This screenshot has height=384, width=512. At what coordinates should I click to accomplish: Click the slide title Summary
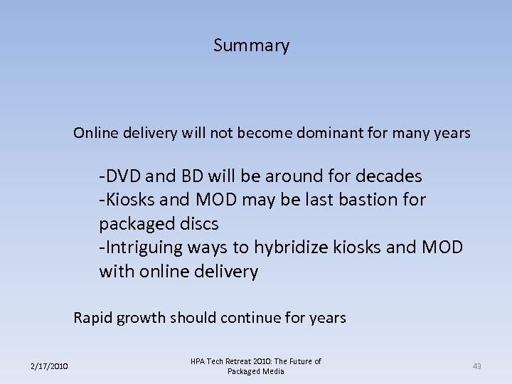tap(251, 46)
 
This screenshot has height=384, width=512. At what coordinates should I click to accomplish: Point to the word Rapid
tap(92, 318)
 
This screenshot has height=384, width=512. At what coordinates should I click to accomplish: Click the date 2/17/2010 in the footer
tap(49, 366)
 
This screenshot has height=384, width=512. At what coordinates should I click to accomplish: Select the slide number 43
tap(476, 366)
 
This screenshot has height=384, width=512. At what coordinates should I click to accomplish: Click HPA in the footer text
tap(199, 361)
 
